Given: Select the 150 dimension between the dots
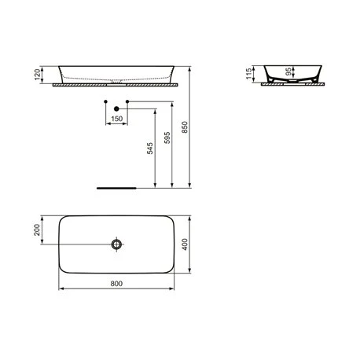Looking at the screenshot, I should (117, 119).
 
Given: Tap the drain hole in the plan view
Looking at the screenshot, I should (117, 244).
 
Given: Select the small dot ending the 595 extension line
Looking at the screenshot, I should (105, 101).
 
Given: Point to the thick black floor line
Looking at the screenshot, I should (116, 189).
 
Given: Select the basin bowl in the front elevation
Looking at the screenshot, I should (116, 72).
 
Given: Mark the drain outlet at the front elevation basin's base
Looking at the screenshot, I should (116, 79).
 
